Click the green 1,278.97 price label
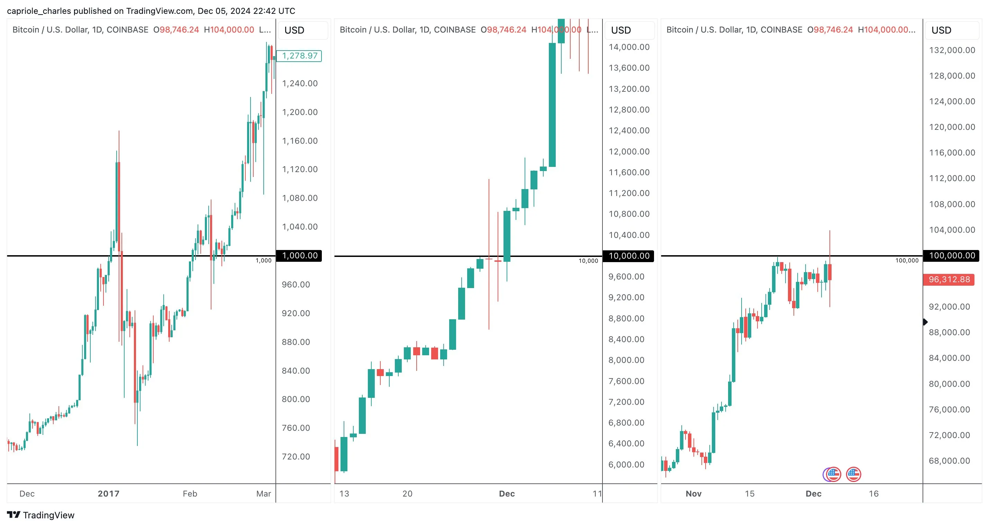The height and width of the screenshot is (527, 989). coord(299,56)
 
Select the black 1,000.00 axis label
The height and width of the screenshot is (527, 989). coord(299,256)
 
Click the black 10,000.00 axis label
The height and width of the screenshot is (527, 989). coord(628,256)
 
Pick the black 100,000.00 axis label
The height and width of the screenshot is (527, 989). coord(951,256)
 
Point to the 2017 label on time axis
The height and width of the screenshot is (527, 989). coord(109,493)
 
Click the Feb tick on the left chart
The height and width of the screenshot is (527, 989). coord(190,493)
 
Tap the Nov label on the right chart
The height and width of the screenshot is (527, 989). coord(693,493)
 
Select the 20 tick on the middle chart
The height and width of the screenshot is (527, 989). coord(407,493)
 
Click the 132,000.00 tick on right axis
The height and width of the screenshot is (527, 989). coord(952,50)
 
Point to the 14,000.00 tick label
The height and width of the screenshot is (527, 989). coord(629,47)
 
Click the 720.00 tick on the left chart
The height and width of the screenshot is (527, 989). coord(296,456)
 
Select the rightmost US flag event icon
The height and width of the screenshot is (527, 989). coord(853,474)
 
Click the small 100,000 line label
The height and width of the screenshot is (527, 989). coord(907,260)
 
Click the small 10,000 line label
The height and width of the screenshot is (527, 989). coord(588,261)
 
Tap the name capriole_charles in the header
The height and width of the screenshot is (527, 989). coord(39,11)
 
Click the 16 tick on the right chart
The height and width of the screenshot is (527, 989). coord(874,493)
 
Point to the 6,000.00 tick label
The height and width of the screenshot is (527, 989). coord(626,464)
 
